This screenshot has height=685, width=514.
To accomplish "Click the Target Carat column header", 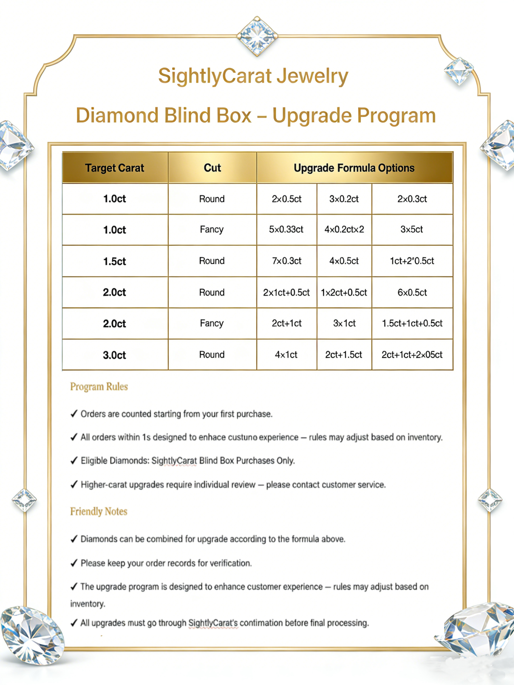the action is (115, 168).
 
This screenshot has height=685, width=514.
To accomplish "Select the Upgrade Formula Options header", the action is (354, 168).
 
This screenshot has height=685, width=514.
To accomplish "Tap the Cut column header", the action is (212, 168).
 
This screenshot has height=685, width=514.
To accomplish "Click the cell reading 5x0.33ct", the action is (286, 229).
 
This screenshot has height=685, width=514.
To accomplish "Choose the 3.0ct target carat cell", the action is (115, 355).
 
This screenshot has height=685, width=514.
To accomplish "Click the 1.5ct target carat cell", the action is (115, 261).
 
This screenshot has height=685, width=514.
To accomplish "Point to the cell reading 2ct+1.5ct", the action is (344, 355).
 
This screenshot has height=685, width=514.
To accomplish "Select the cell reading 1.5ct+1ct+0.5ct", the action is (412, 323).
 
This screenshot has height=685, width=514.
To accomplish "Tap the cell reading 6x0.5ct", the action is (412, 292).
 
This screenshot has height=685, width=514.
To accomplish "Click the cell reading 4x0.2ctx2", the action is (344, 229).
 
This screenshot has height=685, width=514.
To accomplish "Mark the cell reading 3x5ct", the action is (412, 229).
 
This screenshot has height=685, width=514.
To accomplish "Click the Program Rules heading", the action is (99, 387).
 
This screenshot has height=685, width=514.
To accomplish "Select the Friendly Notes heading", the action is (99, 512).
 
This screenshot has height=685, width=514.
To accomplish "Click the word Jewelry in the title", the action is (312, 76).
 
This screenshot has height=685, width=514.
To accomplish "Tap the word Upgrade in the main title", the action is (312, 116).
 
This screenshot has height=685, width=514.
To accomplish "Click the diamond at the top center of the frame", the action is (257, 36).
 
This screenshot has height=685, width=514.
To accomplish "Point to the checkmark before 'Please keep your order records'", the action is (74, 563).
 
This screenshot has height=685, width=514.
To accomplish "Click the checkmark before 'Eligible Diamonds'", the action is (74, 460).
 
